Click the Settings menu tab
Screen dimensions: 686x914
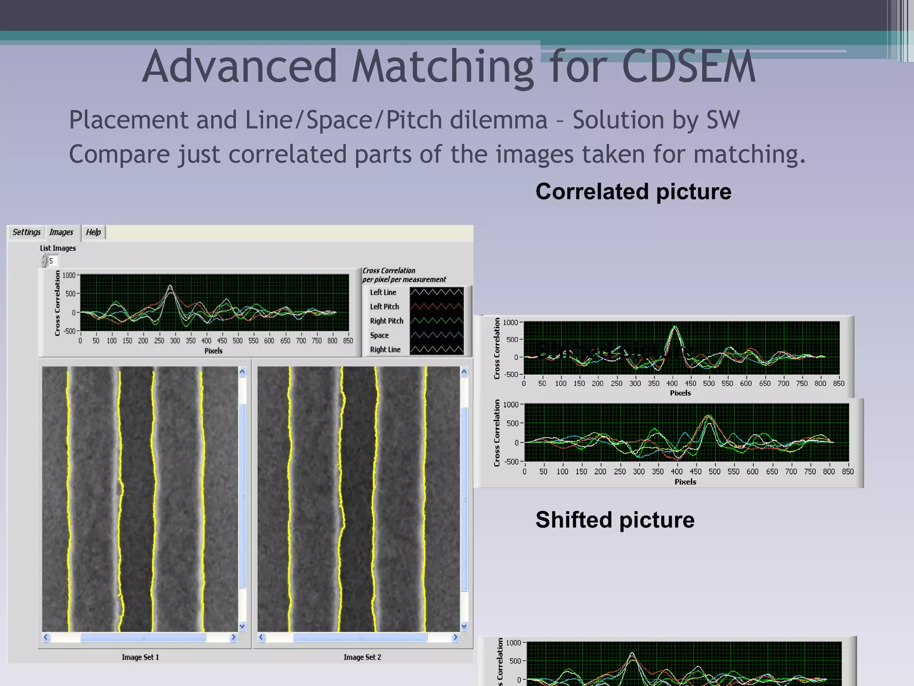26,232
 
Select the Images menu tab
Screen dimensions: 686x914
61,232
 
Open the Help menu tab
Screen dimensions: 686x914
93,232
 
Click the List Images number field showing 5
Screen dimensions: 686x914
53,261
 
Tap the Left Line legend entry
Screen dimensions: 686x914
383,293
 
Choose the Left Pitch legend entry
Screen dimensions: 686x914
384,307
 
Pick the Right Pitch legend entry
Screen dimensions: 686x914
386,321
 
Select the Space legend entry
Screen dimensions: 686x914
379,335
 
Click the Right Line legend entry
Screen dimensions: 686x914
385,350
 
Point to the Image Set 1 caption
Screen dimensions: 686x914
140,657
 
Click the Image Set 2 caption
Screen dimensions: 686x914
362,657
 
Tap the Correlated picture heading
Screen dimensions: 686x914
633,192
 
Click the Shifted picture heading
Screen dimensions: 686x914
615,520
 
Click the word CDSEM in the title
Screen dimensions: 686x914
689,67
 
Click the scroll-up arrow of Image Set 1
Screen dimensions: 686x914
242,372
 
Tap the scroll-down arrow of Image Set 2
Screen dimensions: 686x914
464,626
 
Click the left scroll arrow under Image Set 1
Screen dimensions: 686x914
46,637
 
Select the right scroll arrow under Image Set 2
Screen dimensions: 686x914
455,637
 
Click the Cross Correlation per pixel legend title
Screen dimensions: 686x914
404,275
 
